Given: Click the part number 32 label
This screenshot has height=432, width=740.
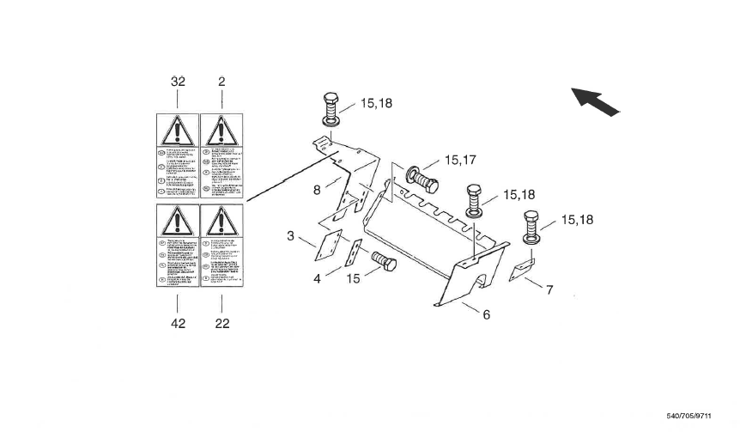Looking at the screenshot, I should point(178,82).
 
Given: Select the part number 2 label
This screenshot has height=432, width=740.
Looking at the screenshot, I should point(221,82).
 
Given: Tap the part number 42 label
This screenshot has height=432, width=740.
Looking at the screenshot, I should point(178,324).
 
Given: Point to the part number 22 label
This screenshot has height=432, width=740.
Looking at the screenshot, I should point(221,324).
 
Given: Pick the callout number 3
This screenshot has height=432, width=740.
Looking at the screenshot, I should point(291,235).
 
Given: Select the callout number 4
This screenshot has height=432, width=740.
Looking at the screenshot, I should point(317,278).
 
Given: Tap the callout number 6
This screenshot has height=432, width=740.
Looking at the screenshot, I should point(486,314).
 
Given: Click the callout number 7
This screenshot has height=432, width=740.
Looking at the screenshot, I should point(549,290).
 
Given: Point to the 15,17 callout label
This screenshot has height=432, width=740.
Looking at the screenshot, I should point(460,160).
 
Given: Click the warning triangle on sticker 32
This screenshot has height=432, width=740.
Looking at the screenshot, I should point(177,131).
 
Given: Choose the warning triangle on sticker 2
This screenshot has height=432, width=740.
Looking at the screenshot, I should point(221,131).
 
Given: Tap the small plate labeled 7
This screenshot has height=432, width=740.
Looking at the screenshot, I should point(519,271).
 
